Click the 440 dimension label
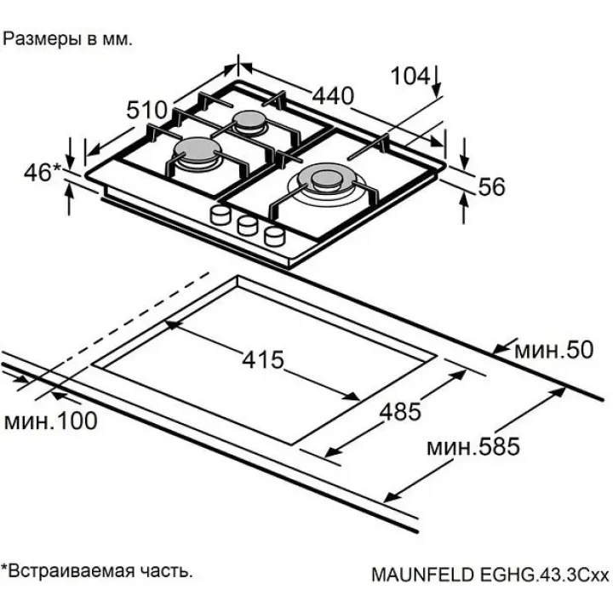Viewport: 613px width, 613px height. (332, 95)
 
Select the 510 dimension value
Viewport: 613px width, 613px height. (146, 110)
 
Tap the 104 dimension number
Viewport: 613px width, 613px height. (410, 76)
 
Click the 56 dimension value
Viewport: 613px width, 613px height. (492, 186)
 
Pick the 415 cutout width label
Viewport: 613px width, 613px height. (261, 359)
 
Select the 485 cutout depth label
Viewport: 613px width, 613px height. (400, 412)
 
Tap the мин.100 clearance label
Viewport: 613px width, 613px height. (49, 421)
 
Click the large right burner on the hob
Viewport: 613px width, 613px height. (327, 180)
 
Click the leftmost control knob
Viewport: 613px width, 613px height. (221, 215)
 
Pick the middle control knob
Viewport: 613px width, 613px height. (248, 225)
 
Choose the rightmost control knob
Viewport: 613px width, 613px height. (274, 235)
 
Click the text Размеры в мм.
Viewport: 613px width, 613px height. (69, 39)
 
